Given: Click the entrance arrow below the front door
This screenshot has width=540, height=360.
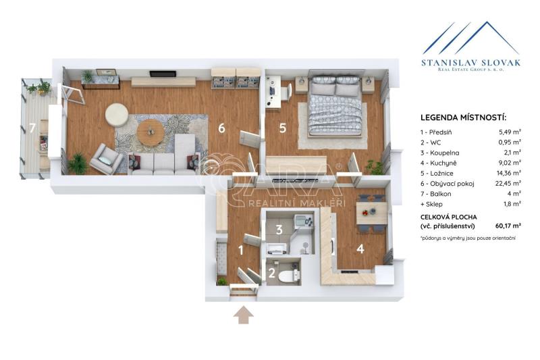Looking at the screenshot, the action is click(244, 315).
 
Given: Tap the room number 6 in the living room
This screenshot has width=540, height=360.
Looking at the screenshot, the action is click(221, 128).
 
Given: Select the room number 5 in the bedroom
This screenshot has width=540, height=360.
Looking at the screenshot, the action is click(282, 128).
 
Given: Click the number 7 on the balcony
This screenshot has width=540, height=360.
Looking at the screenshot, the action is click(32, 128).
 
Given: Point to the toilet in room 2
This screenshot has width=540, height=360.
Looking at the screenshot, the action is click(288, 276).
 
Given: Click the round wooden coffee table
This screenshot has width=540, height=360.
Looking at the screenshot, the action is click(150, 132).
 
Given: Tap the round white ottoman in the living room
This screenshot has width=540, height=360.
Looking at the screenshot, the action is click(117, 114).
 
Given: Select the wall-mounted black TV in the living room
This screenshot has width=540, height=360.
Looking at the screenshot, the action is click(163, 74).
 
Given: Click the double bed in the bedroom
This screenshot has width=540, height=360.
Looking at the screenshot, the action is click(334, 105).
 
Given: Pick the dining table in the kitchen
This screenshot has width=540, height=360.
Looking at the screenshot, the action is click(371, 213).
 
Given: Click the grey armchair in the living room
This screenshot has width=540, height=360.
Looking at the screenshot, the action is click(106, 159).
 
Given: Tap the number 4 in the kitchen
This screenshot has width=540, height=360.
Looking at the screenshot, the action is click(360, 249).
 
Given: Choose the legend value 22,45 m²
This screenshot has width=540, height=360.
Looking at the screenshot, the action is click(508, 183).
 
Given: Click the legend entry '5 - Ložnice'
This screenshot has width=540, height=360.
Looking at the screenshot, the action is click(437, 174).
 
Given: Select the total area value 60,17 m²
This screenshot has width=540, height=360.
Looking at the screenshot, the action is click(508, 226).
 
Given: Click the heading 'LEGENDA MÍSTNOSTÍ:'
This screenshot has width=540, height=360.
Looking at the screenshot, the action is click(464, 118).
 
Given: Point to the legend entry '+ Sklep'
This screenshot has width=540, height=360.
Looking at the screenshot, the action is click(431, 204).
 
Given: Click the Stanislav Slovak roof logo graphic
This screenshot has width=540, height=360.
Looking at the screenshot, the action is click(470, 38).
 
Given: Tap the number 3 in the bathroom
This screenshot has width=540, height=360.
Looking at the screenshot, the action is click(279, 230).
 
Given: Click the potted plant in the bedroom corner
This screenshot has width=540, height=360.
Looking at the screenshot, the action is click(375, 167).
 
